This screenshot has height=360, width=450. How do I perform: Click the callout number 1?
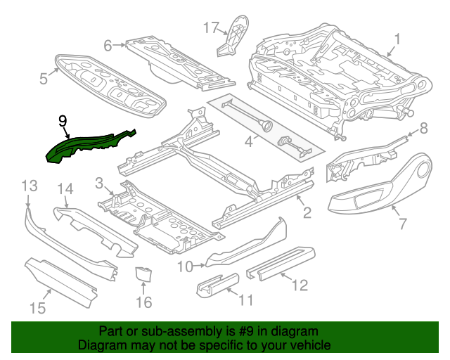tap(397, 40)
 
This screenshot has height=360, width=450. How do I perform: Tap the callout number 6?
tap(108, 46)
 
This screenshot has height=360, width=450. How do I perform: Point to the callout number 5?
tap(44, 78)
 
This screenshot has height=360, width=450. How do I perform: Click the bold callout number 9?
tap(63, 121)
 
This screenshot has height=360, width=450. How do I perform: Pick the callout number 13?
tap(29, 186)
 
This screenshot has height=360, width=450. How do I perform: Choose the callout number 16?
tap(143, 302)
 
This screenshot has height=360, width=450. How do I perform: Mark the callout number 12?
tap(300, 285)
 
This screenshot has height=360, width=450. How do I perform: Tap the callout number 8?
tap(423, 128)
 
